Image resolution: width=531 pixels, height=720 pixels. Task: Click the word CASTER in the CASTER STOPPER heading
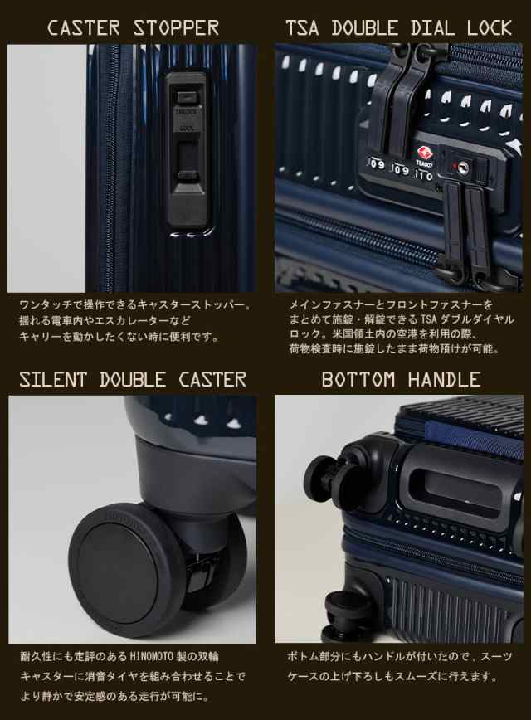click(x=80, y=27)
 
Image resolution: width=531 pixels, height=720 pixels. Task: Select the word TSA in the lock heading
click(x=305, y=27)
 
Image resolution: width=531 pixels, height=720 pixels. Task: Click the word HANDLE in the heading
click(x=442, y=380)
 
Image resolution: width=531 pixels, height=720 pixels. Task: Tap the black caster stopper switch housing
click(x=188, y=150)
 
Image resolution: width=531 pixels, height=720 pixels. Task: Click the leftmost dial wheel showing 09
click(x=376, y=165)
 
